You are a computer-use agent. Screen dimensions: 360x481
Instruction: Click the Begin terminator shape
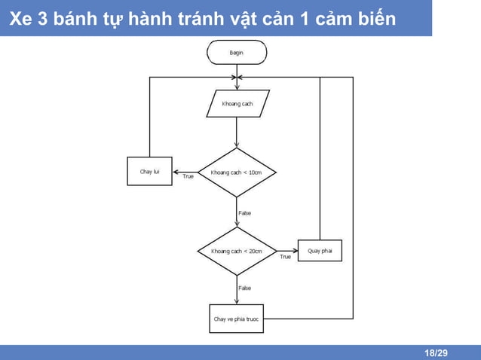tap(237, 52)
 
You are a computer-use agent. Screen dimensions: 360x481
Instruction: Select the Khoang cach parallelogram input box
tap(237, 103)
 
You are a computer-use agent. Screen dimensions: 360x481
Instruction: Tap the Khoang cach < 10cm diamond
tap(237, 172)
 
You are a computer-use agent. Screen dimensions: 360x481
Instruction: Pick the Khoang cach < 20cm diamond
tap(237, 251)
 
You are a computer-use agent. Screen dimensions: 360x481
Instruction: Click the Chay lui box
tap(149, 172)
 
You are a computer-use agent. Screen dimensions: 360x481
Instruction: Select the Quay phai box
tap(320, 250)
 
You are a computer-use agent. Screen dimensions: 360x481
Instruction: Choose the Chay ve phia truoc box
tap(236, 319)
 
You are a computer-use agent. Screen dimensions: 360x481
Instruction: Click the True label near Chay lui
tap(188, 177)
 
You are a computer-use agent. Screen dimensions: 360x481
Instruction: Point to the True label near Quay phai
tap(285, 257)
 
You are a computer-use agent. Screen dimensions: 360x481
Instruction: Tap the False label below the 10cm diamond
tap(244, 213)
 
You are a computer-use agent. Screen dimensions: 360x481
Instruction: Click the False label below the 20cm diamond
tap(244, 288)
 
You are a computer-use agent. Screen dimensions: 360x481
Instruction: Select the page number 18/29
tap(435, 353)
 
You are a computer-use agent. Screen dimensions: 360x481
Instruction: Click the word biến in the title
tap(375, 19)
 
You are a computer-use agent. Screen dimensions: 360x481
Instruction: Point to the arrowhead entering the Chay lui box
tap(176, 172)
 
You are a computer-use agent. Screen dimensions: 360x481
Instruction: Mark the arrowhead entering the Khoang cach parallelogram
tap(237, 88)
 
